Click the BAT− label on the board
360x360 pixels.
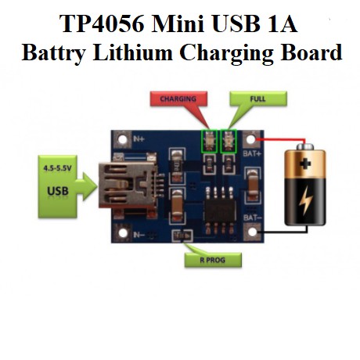252,217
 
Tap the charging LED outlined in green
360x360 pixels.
210,141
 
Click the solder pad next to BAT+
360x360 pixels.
252,140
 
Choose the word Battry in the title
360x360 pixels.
54,52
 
